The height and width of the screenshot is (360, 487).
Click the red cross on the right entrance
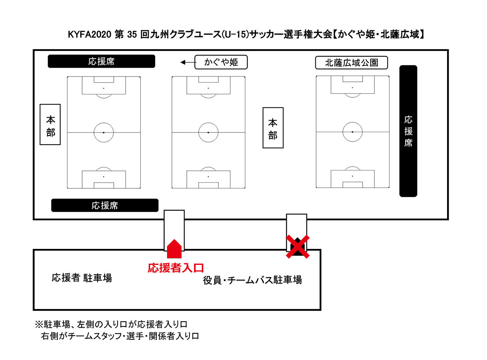(298, 247)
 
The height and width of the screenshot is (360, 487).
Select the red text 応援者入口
(176, 268)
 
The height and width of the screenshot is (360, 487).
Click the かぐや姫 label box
(221, 62)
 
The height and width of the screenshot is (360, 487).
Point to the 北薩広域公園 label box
(351, 63)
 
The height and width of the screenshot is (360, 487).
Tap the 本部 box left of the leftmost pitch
(50, 124)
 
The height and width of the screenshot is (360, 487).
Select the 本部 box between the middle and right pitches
(273, 127)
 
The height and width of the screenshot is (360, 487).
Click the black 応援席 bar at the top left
(101, 61)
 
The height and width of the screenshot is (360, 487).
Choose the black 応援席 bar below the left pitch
(105, 205)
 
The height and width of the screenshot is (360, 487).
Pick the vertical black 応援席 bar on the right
(408, 131)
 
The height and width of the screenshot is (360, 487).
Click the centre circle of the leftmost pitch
(104, 132)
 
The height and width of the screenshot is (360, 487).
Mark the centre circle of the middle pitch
(208, 132)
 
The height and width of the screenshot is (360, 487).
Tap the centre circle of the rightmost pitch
(352, 132)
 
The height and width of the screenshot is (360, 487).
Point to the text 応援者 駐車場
(82, 278)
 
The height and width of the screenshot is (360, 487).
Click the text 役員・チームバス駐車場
(253, 280)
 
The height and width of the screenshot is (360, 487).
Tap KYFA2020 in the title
(90, 35)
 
